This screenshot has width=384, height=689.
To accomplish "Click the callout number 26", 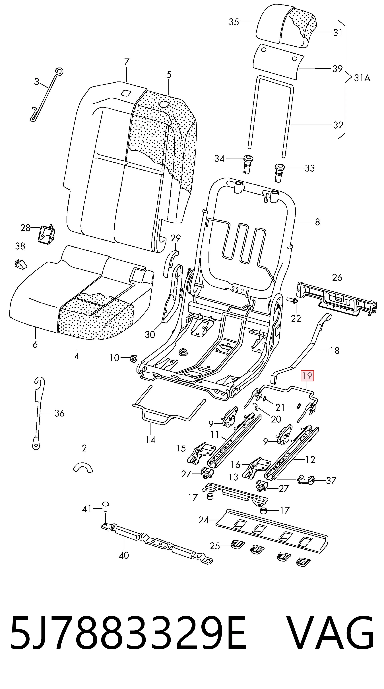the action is [337, 277].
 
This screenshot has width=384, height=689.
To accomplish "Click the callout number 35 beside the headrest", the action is [234, 22].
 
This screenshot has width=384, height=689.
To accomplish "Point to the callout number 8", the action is [317, 222].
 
